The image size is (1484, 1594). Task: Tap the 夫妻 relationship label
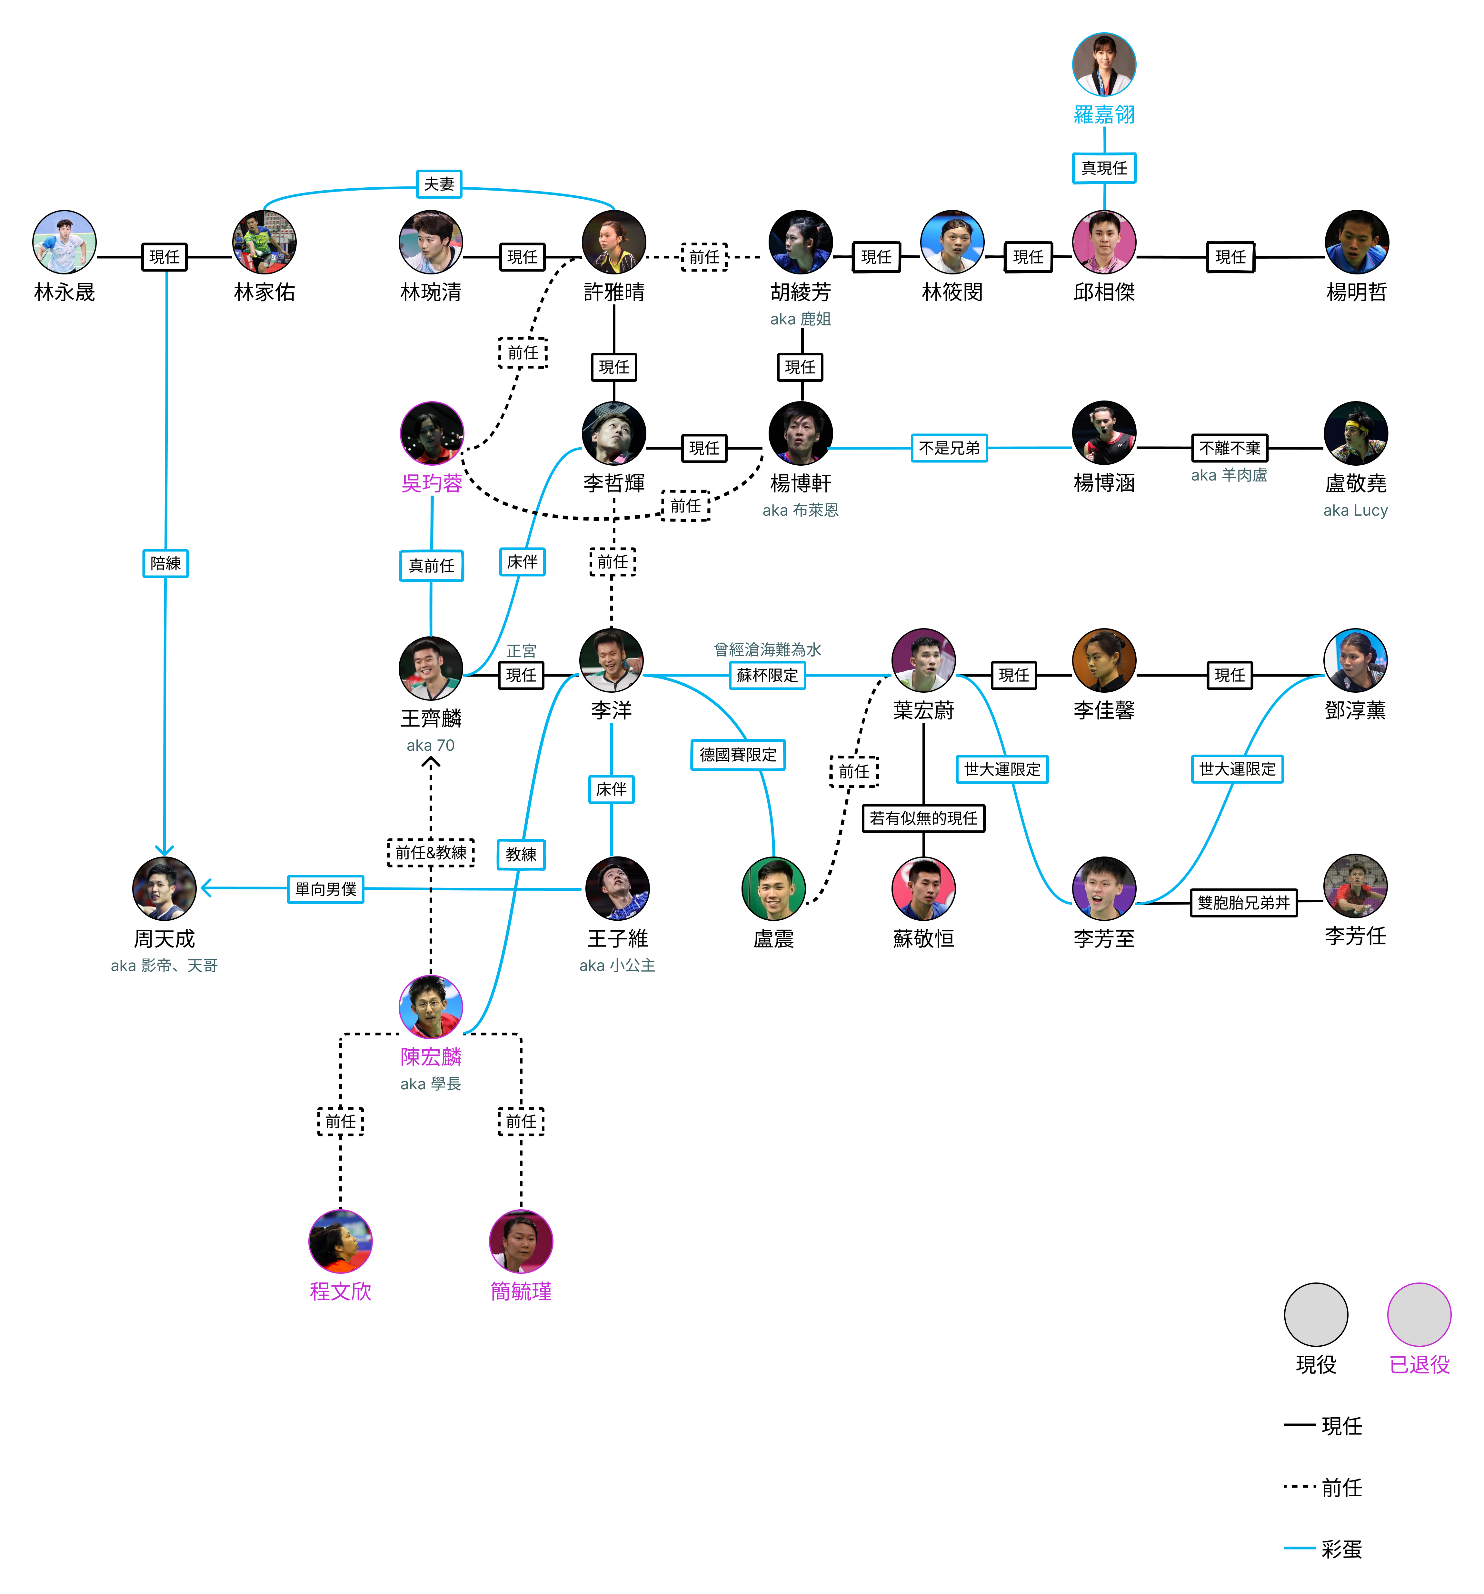pos(439,183)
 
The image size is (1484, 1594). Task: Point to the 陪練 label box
pos(165,564)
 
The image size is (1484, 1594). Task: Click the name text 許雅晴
pos(614,292)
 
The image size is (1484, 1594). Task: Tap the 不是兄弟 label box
pos(949,448)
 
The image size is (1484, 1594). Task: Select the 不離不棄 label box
pos(1230,448)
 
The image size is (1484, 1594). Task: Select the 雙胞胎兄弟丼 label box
pos(1243,903)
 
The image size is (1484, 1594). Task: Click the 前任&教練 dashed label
pos(431,852)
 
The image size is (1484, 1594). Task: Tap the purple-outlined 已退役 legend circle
pos(1419,1314)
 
